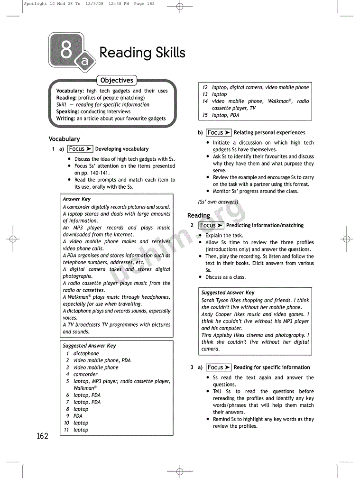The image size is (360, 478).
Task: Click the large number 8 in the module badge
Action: tap(66, 49)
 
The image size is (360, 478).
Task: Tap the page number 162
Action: tap(42, 436)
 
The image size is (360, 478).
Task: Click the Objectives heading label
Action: tap(117, 80)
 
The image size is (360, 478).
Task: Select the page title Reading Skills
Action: tap(142, 53)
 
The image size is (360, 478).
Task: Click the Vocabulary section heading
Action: tap(64, 139)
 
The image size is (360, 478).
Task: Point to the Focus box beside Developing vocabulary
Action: tap(80, 149)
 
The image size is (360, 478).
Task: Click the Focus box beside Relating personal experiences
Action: tap(219, 133)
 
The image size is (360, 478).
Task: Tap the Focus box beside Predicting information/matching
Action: tap(211, 225)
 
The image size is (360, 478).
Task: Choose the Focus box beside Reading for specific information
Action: tap(219, 368)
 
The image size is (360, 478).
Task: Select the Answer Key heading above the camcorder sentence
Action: tap(76, 199)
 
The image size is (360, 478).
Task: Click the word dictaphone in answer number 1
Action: tap(86, 353)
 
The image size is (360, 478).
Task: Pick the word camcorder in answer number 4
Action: tap(85, 374)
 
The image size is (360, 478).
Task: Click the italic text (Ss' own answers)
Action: tap(218, 202)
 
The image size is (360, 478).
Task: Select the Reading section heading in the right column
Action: tap(198, 215)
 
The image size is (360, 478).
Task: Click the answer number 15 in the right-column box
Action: tap(205, 115)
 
